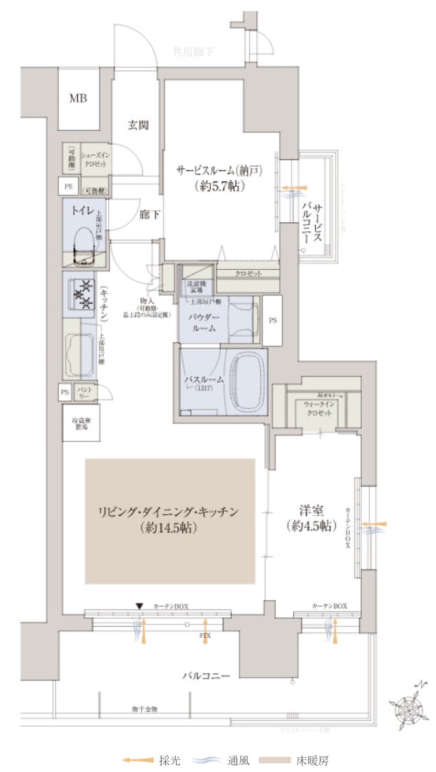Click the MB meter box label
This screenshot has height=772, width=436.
[x=78, y=98]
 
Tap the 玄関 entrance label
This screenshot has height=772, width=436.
[x=139, y=125]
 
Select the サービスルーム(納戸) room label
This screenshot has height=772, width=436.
[x=218, y=170]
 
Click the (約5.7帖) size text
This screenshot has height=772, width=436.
[x=219, y=186]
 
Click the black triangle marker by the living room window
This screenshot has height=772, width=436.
[x=139, y=606]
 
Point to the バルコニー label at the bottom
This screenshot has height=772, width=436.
[x=206, y=676]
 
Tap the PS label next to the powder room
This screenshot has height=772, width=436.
[x=272, y=321]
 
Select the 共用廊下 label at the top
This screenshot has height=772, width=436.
[x=193, y=52]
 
